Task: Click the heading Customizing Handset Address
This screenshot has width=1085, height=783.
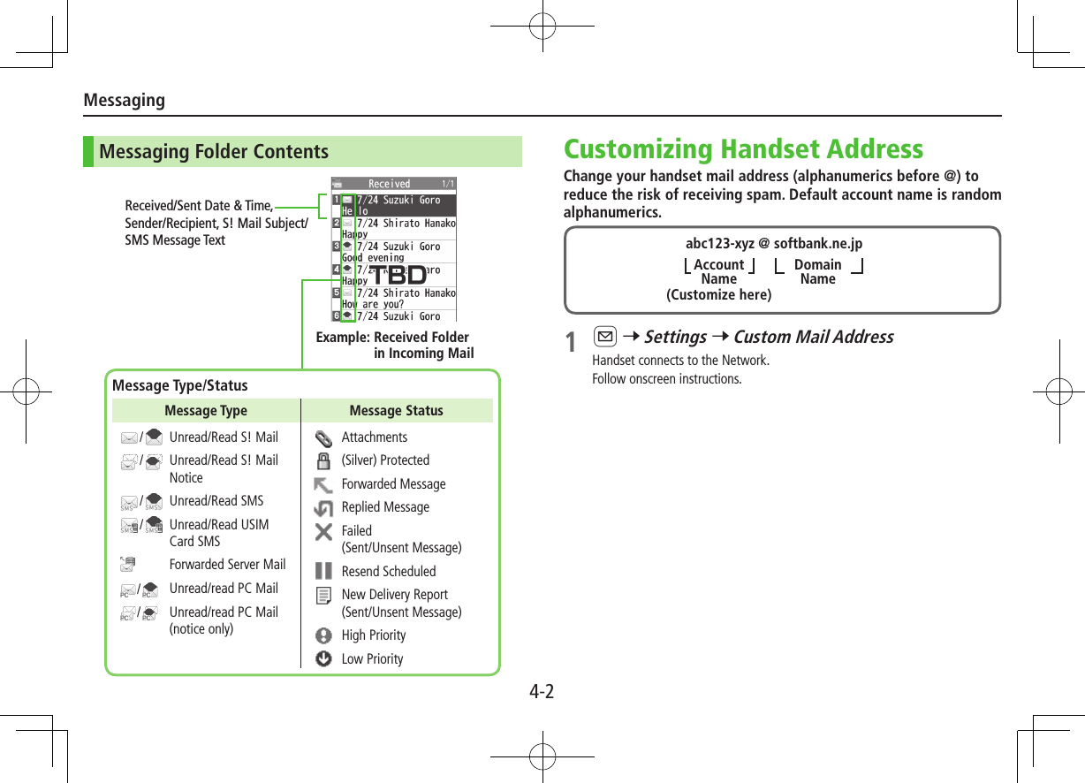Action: tap(743, 148)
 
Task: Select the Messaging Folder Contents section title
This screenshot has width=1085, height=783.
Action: tap(214, 152)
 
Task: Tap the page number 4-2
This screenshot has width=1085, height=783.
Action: tap(542, 691)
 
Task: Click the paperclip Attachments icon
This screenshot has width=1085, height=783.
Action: tap(324, 437)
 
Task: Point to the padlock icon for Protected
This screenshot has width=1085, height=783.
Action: tap(324, 460)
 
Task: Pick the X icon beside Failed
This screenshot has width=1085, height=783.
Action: tap(324, 532)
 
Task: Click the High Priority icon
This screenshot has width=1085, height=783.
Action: tap(324, 635)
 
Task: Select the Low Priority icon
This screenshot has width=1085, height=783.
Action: tap(324, 659)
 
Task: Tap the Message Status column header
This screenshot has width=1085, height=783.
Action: tap(396, 411)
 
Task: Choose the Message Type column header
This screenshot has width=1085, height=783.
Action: tap(206, 411)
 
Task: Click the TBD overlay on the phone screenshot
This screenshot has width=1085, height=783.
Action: tap(394, 275)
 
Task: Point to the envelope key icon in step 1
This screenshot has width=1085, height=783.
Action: tap(605, 337)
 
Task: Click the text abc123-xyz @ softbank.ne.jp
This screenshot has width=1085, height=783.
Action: tap(774, 244)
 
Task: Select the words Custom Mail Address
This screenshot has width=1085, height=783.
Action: tap(813, 337)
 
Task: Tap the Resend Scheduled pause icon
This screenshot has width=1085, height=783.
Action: tap(324, 572)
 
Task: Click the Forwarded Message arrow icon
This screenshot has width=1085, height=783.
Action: tap(324, 484)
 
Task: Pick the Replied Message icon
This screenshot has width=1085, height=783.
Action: tap(324, 508)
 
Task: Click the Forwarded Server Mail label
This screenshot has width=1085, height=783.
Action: tap(227, 565)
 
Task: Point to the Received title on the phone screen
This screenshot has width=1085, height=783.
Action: tap(389, 184)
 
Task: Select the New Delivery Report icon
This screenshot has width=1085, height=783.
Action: tap(324, 596)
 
